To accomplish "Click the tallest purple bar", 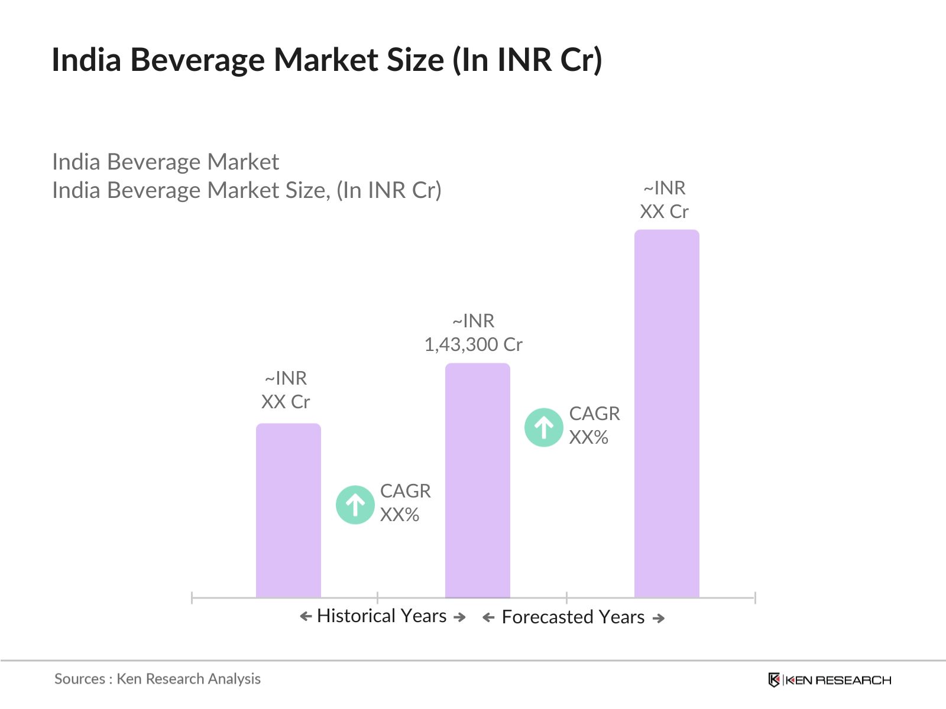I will point(666,414).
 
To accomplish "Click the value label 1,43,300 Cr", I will point(473,344).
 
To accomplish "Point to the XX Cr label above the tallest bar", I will point(664,212).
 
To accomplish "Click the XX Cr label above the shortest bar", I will point(286,402).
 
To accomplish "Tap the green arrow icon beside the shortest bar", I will point(355,505).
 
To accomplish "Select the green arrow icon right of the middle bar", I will point(543,427).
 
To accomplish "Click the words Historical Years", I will point(381,616).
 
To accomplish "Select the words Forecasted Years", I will point(572,617).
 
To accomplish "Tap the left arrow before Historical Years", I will point(306,617).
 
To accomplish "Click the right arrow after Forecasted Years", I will point(659,618).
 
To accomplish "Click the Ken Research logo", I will point(829,680).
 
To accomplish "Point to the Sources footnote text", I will point(157,679).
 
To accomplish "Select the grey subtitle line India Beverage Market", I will point(166,162).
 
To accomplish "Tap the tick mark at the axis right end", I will point(755,597).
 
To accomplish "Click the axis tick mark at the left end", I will point(192,597).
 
